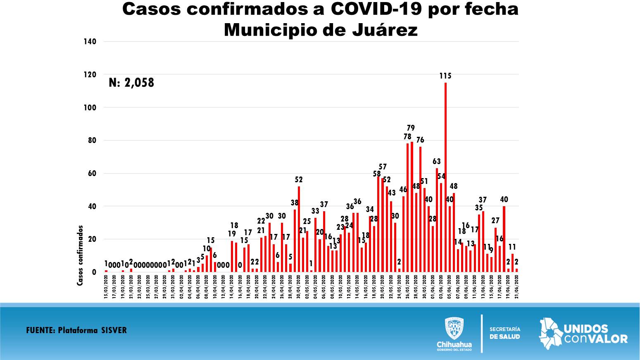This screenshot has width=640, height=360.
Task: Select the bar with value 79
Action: click(412, 207)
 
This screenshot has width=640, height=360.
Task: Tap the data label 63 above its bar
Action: click(437, 161)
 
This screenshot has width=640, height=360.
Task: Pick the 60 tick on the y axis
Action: click(91, 173)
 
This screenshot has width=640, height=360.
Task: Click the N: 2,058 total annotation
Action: click(131, 83)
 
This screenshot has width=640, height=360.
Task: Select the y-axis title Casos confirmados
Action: click(80, 255)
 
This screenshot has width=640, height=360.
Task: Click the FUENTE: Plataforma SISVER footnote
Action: click(76, 330)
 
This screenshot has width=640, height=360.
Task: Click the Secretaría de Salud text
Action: click(504, 333)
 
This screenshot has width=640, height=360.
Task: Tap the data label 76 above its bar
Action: click(420, 140)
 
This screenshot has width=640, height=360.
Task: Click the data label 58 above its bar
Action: click(377, 174)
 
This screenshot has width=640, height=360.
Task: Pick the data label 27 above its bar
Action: click(495, 220)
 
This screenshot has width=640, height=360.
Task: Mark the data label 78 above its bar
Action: click(407, 136)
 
